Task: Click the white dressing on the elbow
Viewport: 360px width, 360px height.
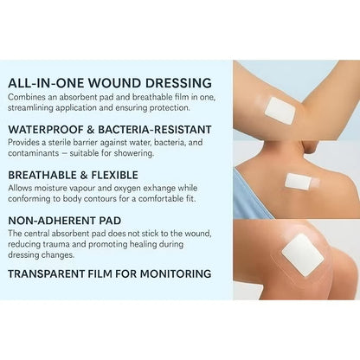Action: [280, 109]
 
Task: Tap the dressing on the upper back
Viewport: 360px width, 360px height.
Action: [298, 182]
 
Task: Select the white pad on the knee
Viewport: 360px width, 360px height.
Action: [302, 254]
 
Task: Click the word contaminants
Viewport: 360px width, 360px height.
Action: [35, 153]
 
